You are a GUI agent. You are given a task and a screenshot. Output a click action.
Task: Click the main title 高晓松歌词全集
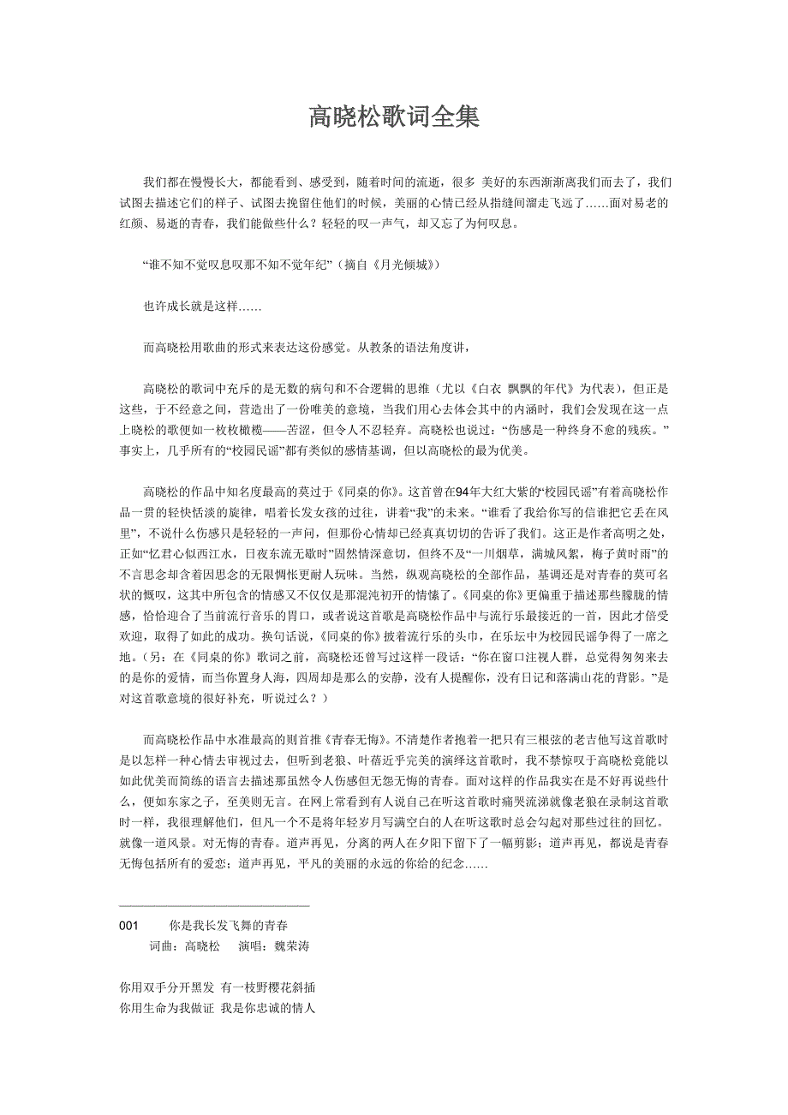(394, 117)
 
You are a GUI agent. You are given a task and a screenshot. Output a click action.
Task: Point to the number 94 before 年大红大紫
(464, 492)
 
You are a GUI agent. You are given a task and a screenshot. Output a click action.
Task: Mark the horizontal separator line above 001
(214, 905)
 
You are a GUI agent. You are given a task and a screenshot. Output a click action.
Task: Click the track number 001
(129, 927)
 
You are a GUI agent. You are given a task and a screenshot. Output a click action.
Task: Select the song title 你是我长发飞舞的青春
(229, 927)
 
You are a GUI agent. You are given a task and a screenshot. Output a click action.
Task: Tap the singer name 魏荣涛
(291, 946)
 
